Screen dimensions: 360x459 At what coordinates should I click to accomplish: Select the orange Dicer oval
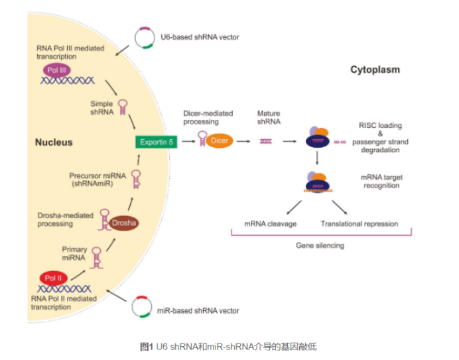tap(218, 141)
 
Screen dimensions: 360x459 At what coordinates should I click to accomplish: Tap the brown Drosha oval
tap(123, 223)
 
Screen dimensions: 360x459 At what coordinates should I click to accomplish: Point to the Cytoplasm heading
tap(375, 70)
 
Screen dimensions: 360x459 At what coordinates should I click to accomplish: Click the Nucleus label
tap(53, 143)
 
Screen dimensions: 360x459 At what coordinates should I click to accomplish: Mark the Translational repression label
tap(359, 223)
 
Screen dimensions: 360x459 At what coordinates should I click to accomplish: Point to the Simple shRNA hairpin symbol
tap(123, 107)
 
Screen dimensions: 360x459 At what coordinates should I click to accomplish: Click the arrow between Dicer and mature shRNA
tap(244, 141)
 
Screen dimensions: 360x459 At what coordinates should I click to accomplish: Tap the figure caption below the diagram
tap(229, 346)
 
